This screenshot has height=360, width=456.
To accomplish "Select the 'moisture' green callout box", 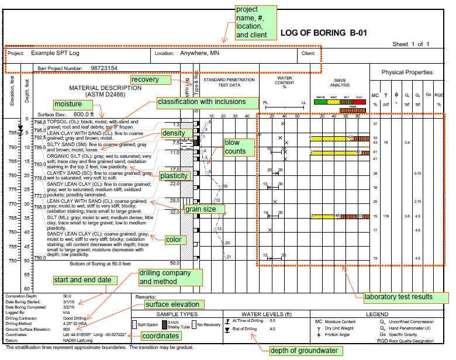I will (68, 103).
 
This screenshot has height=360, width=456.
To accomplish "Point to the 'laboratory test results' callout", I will (398, 297).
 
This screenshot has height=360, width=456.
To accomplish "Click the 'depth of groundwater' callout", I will (303, 351).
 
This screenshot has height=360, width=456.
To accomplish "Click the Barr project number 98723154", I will (104, 68).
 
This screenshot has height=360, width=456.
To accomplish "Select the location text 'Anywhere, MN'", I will (202, 53).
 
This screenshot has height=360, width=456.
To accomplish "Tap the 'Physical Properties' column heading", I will (407, 72).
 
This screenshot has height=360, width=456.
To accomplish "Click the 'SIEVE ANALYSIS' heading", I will (340, 83).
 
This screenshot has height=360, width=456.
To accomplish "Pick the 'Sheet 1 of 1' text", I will (411, 44).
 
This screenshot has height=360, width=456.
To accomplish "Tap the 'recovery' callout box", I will (150, 79).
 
